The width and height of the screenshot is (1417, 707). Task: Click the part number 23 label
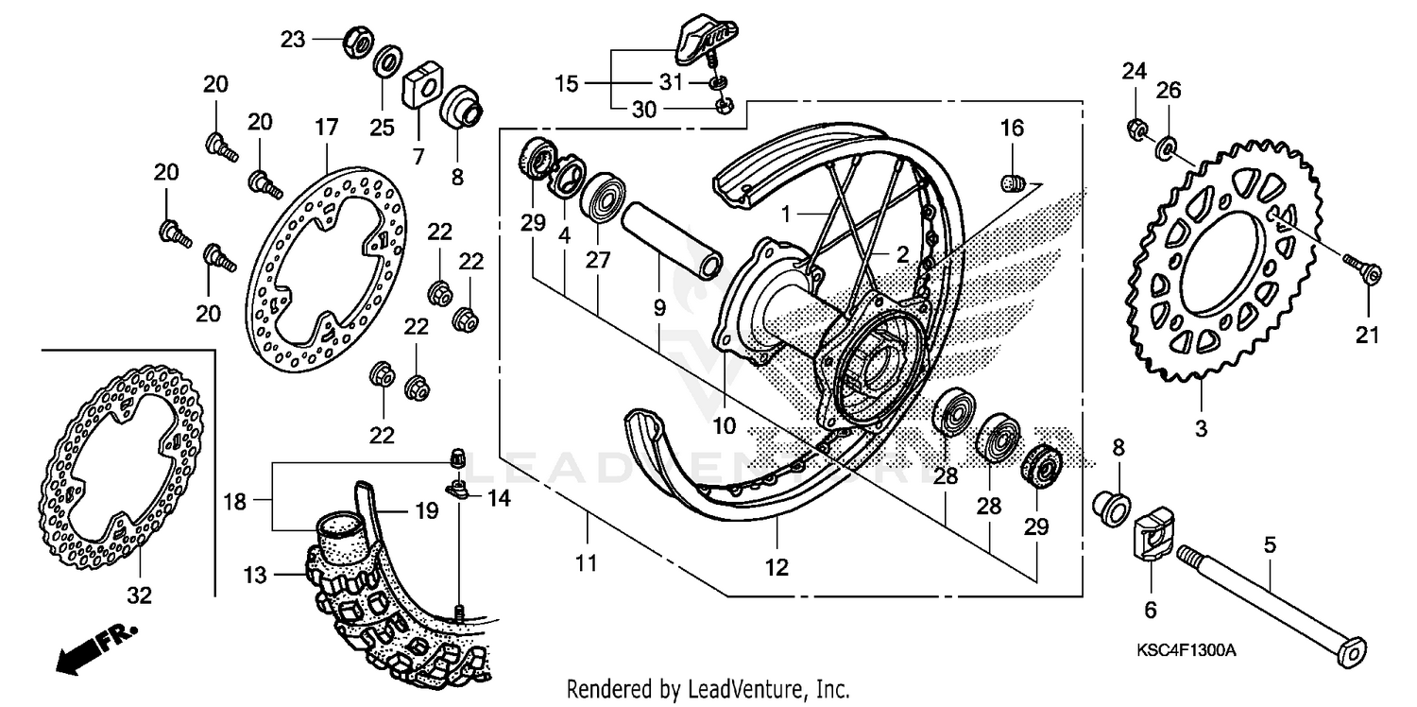click(293, 39)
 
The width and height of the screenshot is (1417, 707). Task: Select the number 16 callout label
click(1012, 128)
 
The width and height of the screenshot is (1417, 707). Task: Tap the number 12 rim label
click(777, 568)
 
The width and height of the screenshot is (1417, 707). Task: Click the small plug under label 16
click(1012, 181)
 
